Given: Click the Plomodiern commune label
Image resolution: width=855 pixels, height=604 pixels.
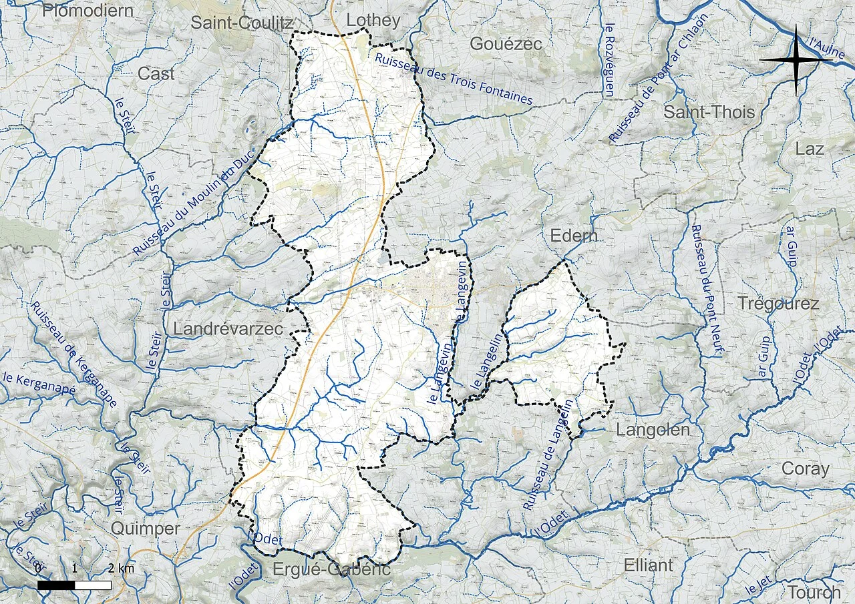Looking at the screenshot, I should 87,10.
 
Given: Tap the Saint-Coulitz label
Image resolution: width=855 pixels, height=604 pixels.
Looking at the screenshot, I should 241,23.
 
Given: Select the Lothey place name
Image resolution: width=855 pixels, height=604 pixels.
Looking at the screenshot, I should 373,20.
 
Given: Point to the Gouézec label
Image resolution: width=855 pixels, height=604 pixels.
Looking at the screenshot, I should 506,44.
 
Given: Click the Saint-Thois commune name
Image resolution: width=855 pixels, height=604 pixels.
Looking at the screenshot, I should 709,112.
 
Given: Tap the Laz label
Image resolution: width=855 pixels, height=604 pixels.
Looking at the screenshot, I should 810,149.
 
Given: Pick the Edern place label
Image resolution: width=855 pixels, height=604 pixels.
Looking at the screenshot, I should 573,236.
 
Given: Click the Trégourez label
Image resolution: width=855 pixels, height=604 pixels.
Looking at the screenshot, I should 778,304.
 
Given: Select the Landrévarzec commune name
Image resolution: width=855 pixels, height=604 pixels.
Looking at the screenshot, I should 228,329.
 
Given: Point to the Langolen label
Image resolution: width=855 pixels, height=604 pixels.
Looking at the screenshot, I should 653,430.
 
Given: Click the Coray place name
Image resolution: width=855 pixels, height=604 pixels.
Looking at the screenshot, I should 805,469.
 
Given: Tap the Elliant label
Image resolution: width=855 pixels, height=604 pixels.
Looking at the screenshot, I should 648,565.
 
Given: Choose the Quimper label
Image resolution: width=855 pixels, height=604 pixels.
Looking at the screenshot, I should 145,529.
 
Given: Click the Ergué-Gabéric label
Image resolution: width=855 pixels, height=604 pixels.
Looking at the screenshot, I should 331,569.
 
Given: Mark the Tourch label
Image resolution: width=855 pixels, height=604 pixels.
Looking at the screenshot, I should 814,592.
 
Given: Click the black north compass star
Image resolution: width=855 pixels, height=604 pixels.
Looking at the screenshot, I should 796,59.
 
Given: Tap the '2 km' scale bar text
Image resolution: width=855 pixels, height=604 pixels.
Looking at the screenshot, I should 121,569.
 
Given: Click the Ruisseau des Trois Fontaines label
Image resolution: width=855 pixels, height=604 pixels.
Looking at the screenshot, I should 454,79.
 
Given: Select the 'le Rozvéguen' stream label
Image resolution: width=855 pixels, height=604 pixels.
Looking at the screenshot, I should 609,60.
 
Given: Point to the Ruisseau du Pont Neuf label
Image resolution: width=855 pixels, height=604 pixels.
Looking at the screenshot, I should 707,290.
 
